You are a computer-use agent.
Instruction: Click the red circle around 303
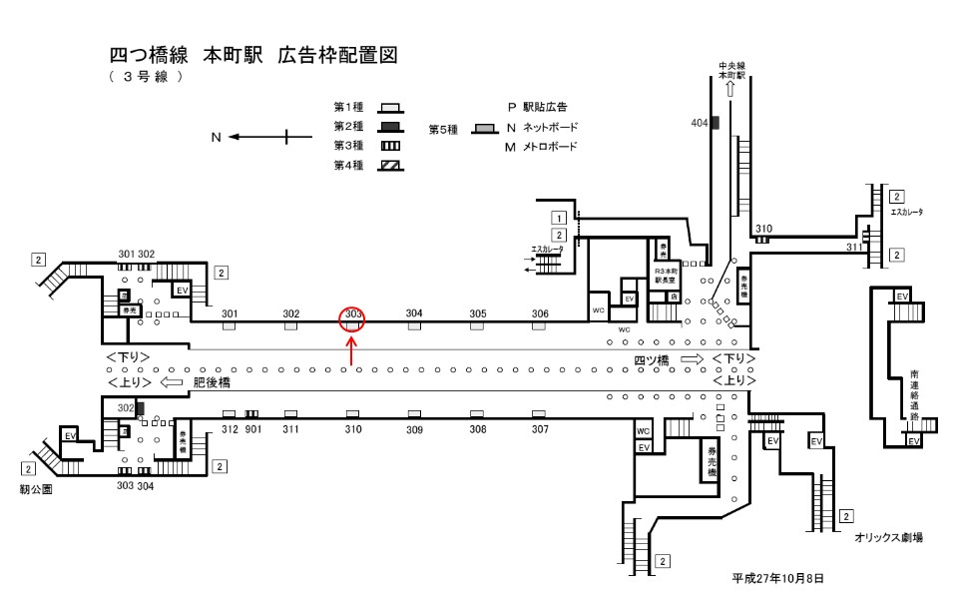click(352, 319)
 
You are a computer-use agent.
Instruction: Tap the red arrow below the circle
click(351, 352)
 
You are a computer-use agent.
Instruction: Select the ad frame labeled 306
click(540, 325)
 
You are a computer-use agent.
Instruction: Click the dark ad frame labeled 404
click(715, 122)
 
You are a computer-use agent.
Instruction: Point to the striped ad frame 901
click(252, 413)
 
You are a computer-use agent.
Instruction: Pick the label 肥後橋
click(211, 382)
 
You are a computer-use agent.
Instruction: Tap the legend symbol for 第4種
click(390, 166)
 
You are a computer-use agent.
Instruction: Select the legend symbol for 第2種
click(390, 126)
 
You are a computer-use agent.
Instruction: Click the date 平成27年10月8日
click(778, 579)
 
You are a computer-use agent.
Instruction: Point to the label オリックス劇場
click(888, 537)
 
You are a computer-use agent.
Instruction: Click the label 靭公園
click(35, 490)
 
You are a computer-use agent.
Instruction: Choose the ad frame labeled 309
click(414, 413)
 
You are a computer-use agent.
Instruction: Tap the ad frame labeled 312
click(229, 413)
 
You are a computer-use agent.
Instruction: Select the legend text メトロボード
click(551, 148)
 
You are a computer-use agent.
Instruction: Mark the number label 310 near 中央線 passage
click(763, 229)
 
